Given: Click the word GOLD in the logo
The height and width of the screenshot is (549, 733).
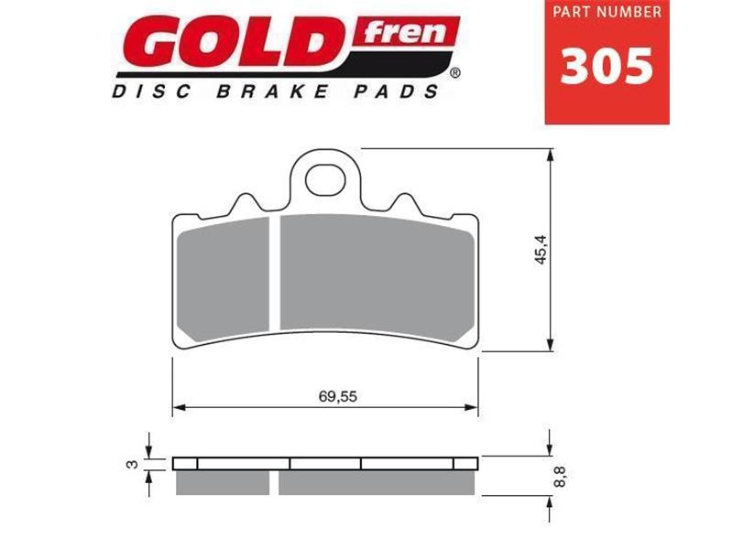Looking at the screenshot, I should [x=234, y=45].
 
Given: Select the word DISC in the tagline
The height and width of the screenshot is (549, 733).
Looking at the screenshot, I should [x=143, y=92].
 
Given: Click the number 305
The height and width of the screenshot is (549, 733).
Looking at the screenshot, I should [x=607, y=66].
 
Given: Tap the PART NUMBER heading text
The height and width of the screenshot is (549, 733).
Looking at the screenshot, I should [x=607, y=14].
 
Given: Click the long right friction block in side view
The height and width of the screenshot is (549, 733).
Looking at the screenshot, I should [x=376, y=480].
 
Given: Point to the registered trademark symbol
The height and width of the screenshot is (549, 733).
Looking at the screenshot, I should [x=455, y=70].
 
